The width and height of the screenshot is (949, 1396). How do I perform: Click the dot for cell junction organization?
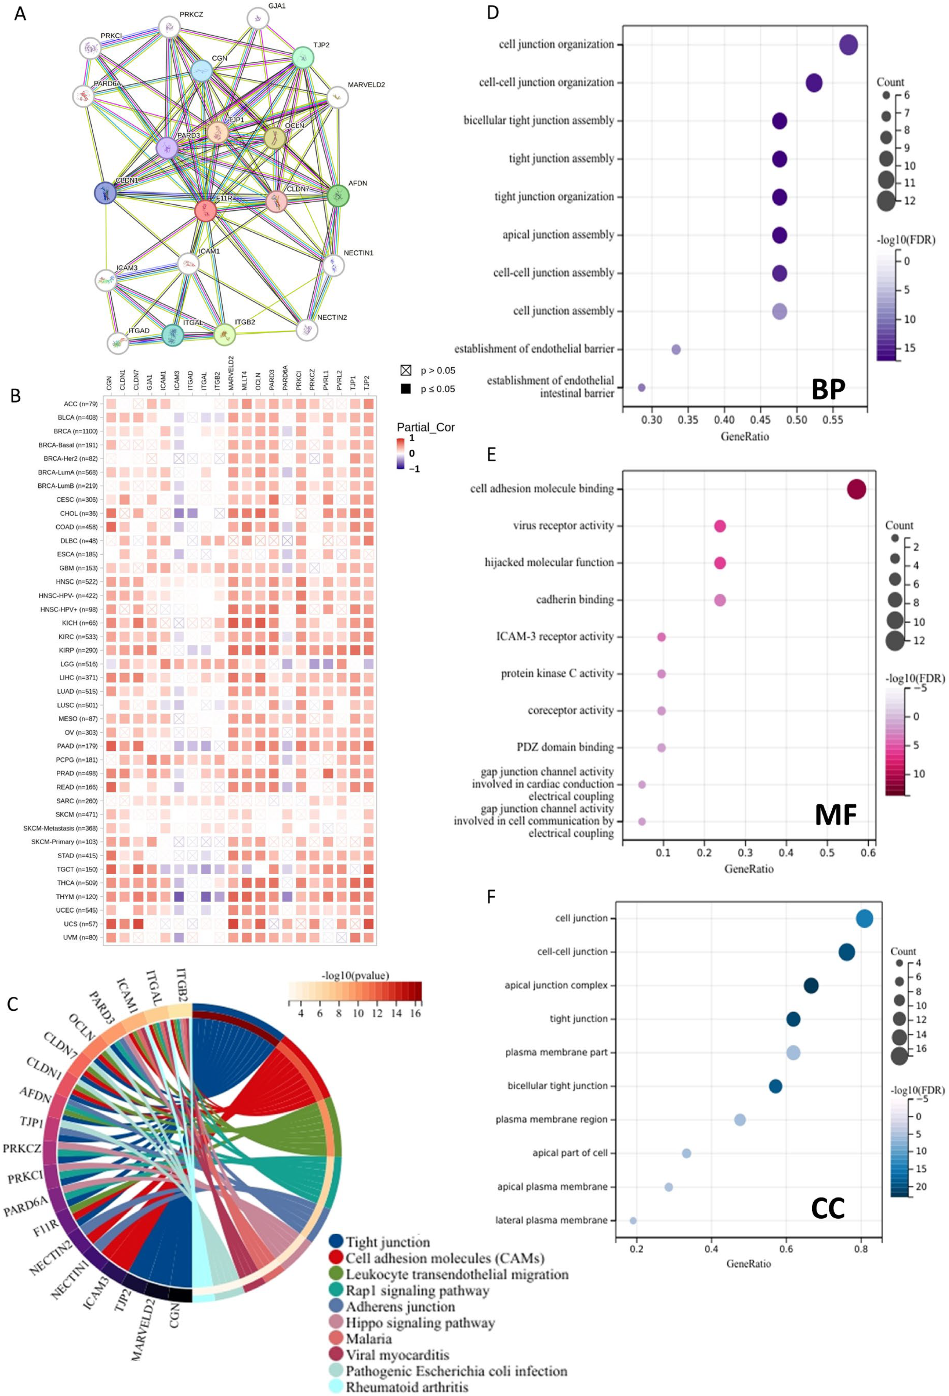coord(848,44)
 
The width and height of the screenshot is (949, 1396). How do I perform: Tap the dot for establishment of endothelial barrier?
coord(676,349)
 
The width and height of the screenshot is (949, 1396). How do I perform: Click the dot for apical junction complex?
coord(811,985)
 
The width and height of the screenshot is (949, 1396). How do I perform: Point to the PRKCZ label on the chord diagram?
coord(22,1148)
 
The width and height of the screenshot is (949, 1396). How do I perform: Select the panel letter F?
coord(491,897)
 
